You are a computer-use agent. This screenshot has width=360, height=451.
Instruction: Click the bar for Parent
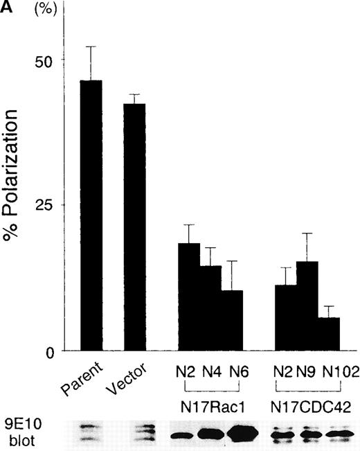[x=91, y=215]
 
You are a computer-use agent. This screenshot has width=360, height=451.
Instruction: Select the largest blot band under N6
[x=237, y=434]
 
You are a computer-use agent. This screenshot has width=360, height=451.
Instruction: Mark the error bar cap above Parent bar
[x=91, y=46]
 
